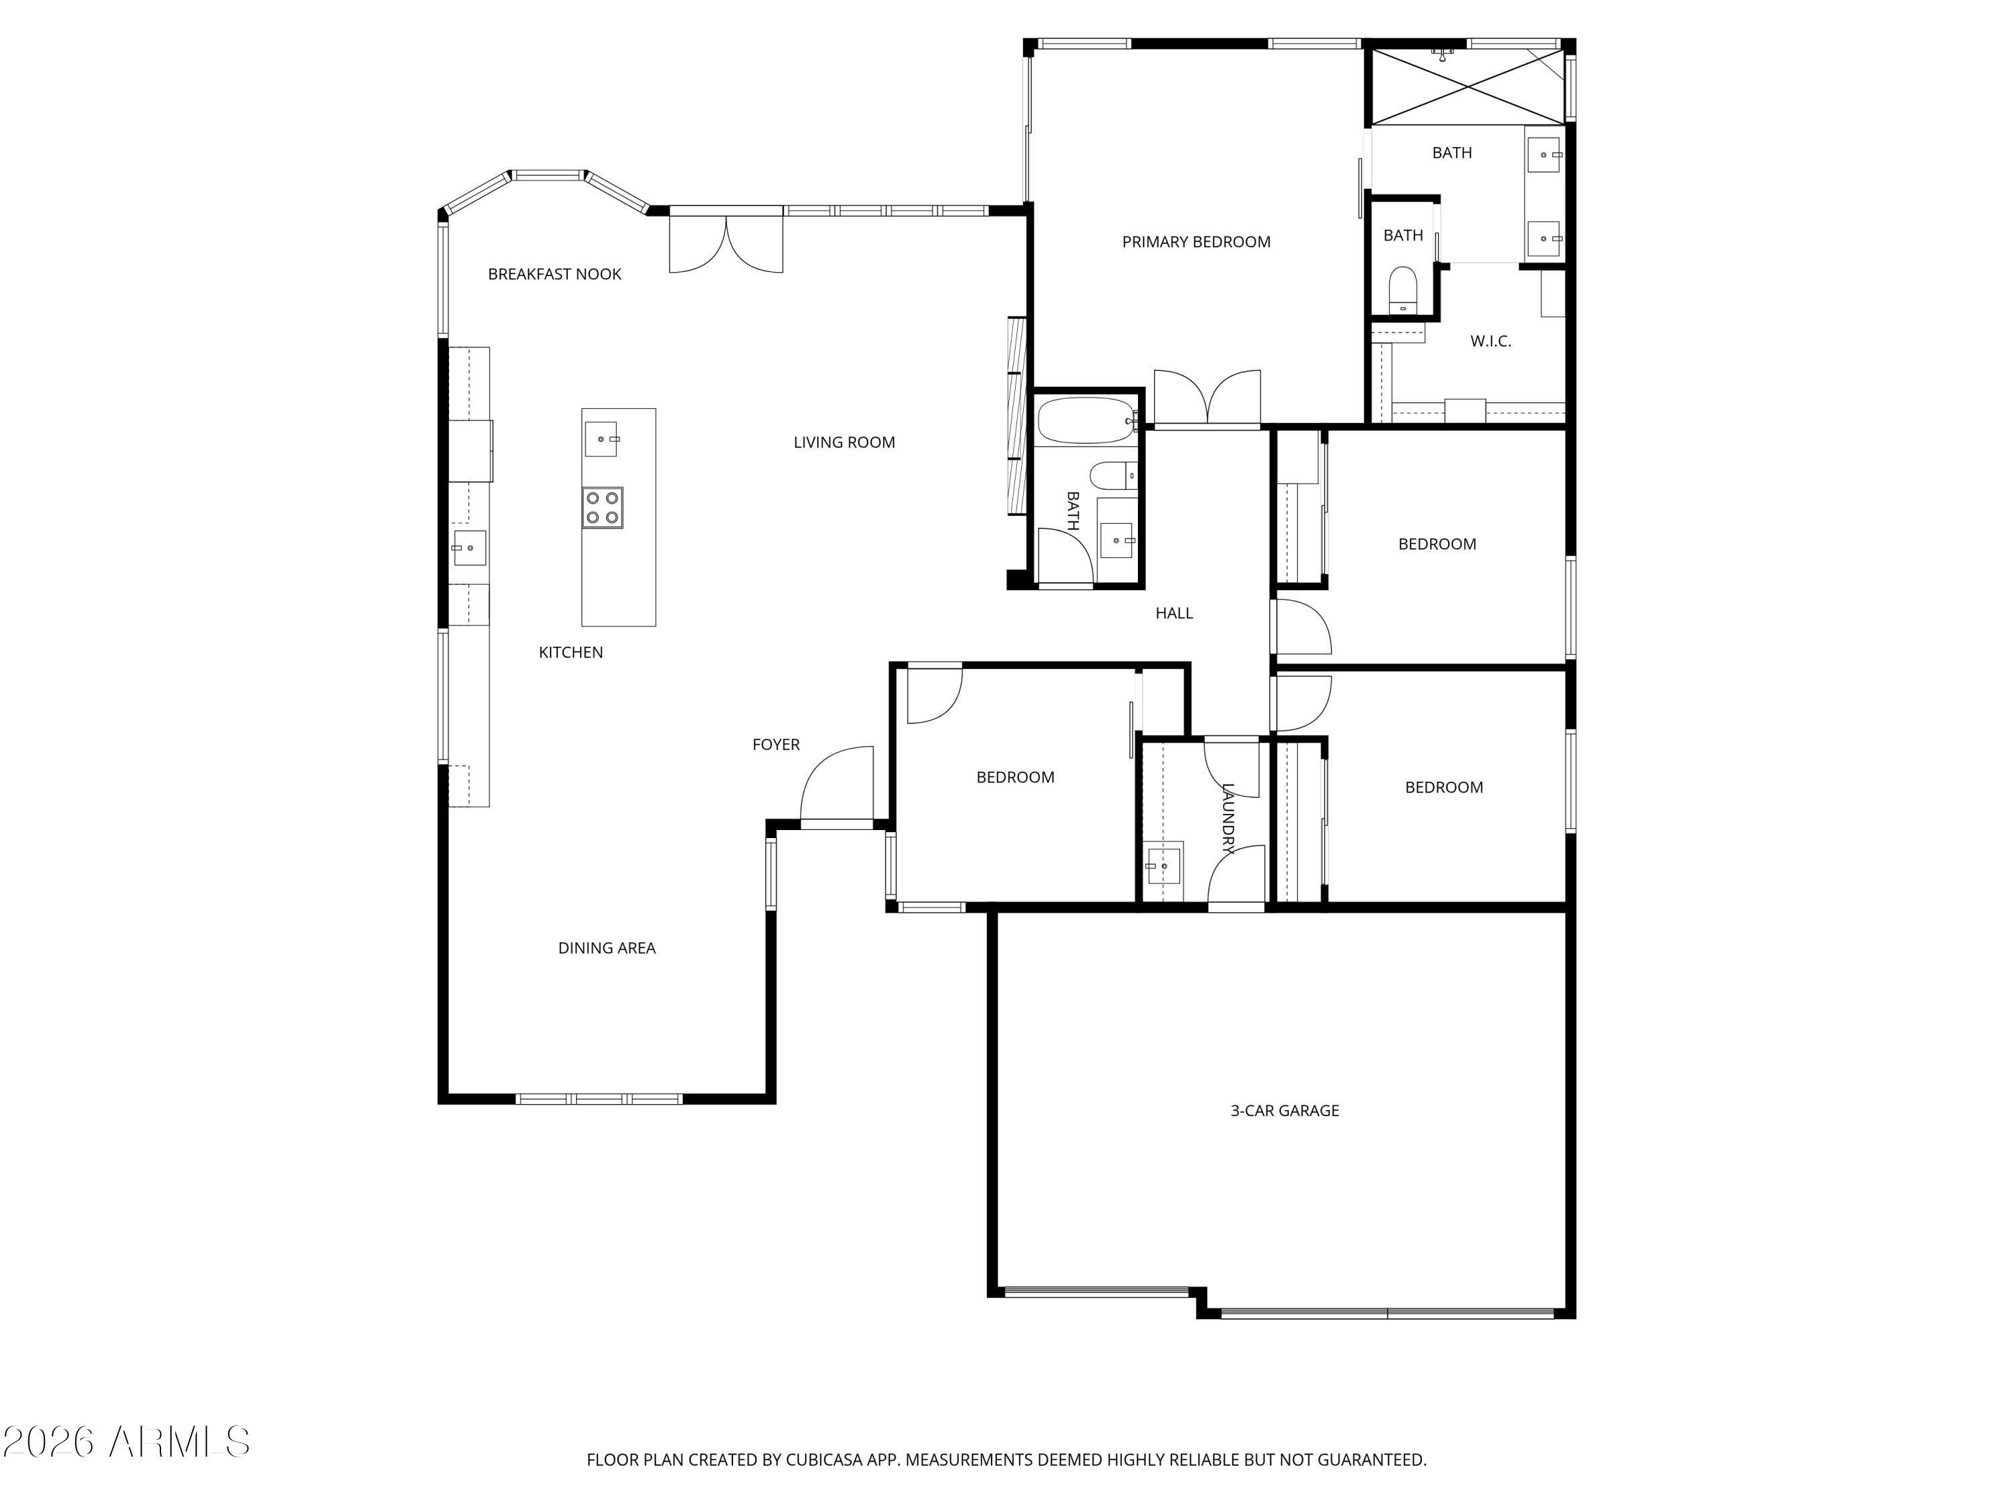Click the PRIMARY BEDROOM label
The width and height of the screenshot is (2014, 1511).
click(x=1196, y=241)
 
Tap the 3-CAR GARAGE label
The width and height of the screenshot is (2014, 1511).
click(x=1285, y=1110)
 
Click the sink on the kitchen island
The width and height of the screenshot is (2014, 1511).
click(x=601, y=439)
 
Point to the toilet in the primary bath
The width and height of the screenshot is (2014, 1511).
click(x=1403, y=289)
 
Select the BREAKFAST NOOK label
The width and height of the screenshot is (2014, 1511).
click(x=555, y=274)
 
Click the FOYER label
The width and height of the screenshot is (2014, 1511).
click(x=776, y=744)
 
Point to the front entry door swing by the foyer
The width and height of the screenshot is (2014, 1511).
click(x=836, y=783)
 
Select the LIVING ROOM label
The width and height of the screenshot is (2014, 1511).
click(x=844, y=443)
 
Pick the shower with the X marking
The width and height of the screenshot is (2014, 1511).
click(x=1467, y=87)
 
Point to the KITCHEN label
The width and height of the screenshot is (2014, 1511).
click(x=571, y=652)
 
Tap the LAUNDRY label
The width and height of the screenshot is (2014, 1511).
click(x=1227, y=819)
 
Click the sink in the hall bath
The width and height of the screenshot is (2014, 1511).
click(x=1117, y=540)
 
